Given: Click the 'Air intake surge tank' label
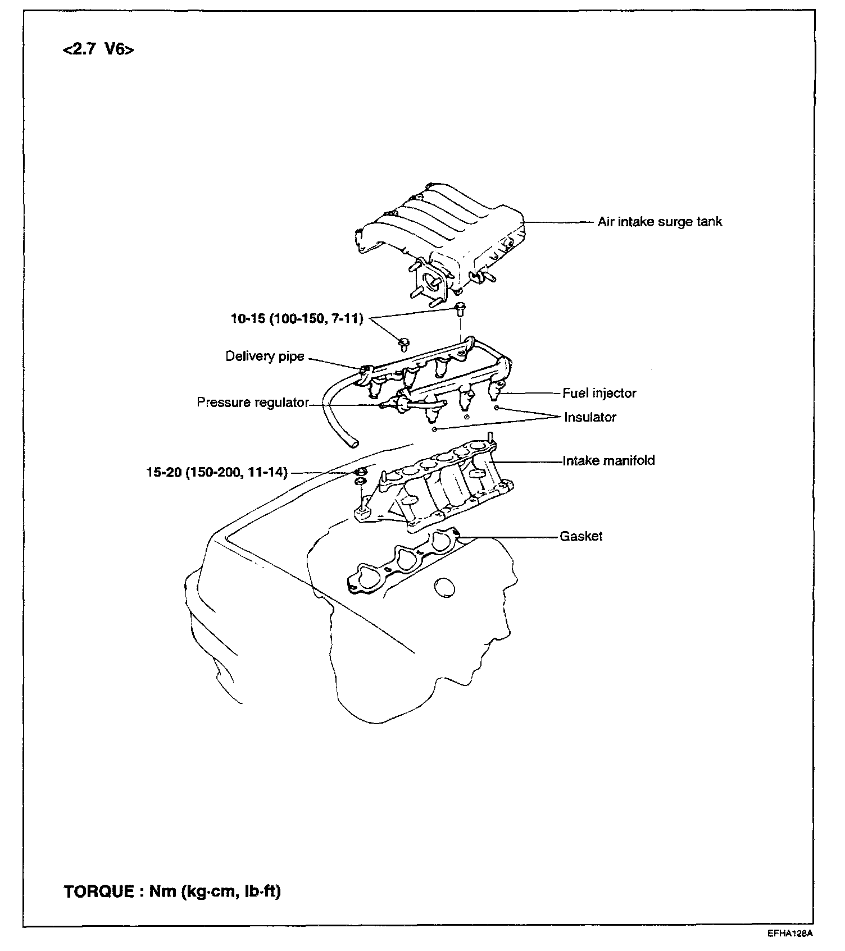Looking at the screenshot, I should [x=660, y=222].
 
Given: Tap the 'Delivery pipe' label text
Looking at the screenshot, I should [x=265, y=356].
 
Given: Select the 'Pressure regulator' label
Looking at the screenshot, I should [x=253, y=403].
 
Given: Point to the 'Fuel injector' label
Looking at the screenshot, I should [x=599, y=393].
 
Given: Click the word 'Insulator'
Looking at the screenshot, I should [x=590, y=417].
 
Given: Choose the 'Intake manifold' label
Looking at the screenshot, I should [x=609, y=461].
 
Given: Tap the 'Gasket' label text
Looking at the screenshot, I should [x=581, y=536].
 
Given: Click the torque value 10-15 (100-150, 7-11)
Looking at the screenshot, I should [x=297, y=319].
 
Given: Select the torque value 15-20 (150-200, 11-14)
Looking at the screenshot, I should [x=217, y=473].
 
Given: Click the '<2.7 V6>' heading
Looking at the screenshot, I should [x=99, y=49].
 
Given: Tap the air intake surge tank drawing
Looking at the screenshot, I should [x=444, y=236].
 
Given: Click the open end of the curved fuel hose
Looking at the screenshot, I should [x=353, y=444].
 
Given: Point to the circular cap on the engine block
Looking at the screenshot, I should [x=444, y=588].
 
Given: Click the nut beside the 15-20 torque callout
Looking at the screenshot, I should [x=361, y=470].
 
